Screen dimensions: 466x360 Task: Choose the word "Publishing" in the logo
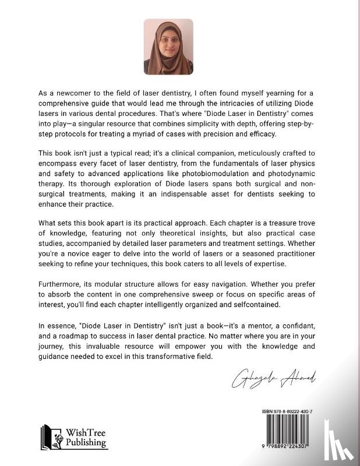click(86, 443)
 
